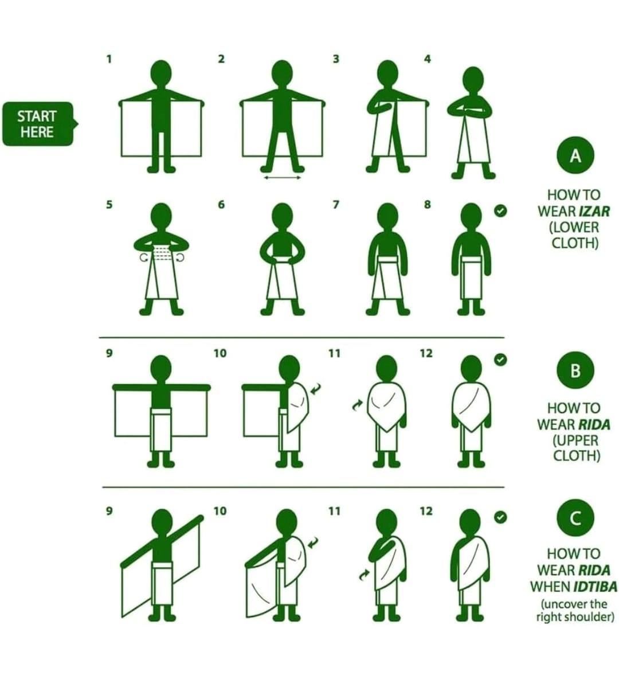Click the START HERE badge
pyautogui.click(x=40, y=124)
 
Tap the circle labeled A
pyautogui.click(x=575, y=155)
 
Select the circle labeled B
pyautogui.click(x=575, y=370)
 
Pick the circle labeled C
pyautogui.click(x=575, y=518)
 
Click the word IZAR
pyautogui.click(x=594, y=211)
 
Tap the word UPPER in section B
pyautogui.click(x=575, y=440)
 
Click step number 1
pyautogui.click(x=109, y=58)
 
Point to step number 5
pyautogui.click(x=109, y=205)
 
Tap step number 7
pyautogui.click(x=336, y=205)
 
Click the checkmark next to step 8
pyautogui.click(x=500, y=210)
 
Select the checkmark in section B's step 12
pyautogui.click(x=500, y=360)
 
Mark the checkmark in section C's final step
pyautogui.click(x=500, y=517)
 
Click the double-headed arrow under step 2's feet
pyautogui.click(x=283, y=177)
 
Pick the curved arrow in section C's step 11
pyautogui.click(x=364, y=575)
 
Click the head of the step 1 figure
pyautogui.click(x=162, y=73)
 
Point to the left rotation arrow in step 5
pyautogui.click(x=144, y=257)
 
